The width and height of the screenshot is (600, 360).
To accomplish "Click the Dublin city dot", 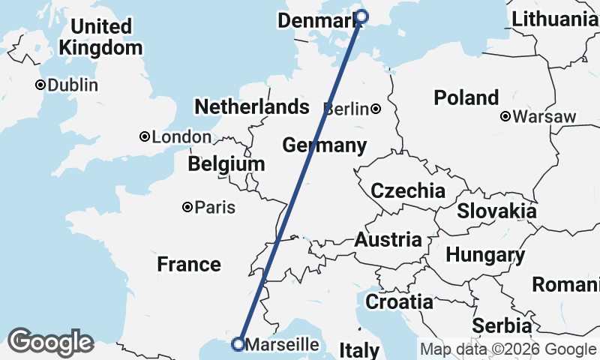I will [40, 85].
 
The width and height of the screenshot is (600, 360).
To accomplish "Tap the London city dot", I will [145, 136].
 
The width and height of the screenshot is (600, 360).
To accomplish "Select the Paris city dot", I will [187, 207].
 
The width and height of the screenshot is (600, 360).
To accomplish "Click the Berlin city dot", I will [376, 109].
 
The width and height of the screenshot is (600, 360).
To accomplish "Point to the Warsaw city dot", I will [506, 116].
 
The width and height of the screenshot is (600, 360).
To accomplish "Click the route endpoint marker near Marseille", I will [238, 344].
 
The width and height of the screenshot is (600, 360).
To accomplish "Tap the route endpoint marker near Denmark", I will [362, 16].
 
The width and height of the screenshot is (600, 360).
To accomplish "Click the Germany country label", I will [324, 145].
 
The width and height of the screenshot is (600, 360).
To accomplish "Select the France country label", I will [189, 264].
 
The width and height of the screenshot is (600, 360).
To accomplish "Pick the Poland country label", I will [466, 97].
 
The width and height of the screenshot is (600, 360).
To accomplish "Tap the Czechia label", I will [408, 190].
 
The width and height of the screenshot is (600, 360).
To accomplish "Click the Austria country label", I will [388, 240].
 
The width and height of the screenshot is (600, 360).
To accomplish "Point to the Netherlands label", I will [251, 106].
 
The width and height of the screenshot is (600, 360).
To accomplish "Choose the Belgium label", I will [226, 163].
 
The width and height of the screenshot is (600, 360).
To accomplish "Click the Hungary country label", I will [485, 255].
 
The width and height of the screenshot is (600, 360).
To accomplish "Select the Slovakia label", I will [496, 211].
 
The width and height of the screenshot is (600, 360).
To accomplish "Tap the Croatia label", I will [399, 301].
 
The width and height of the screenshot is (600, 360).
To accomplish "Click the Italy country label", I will [360, 350].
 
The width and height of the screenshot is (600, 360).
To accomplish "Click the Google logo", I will [50, 342].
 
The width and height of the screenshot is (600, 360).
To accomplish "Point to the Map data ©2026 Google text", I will [508, 349].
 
